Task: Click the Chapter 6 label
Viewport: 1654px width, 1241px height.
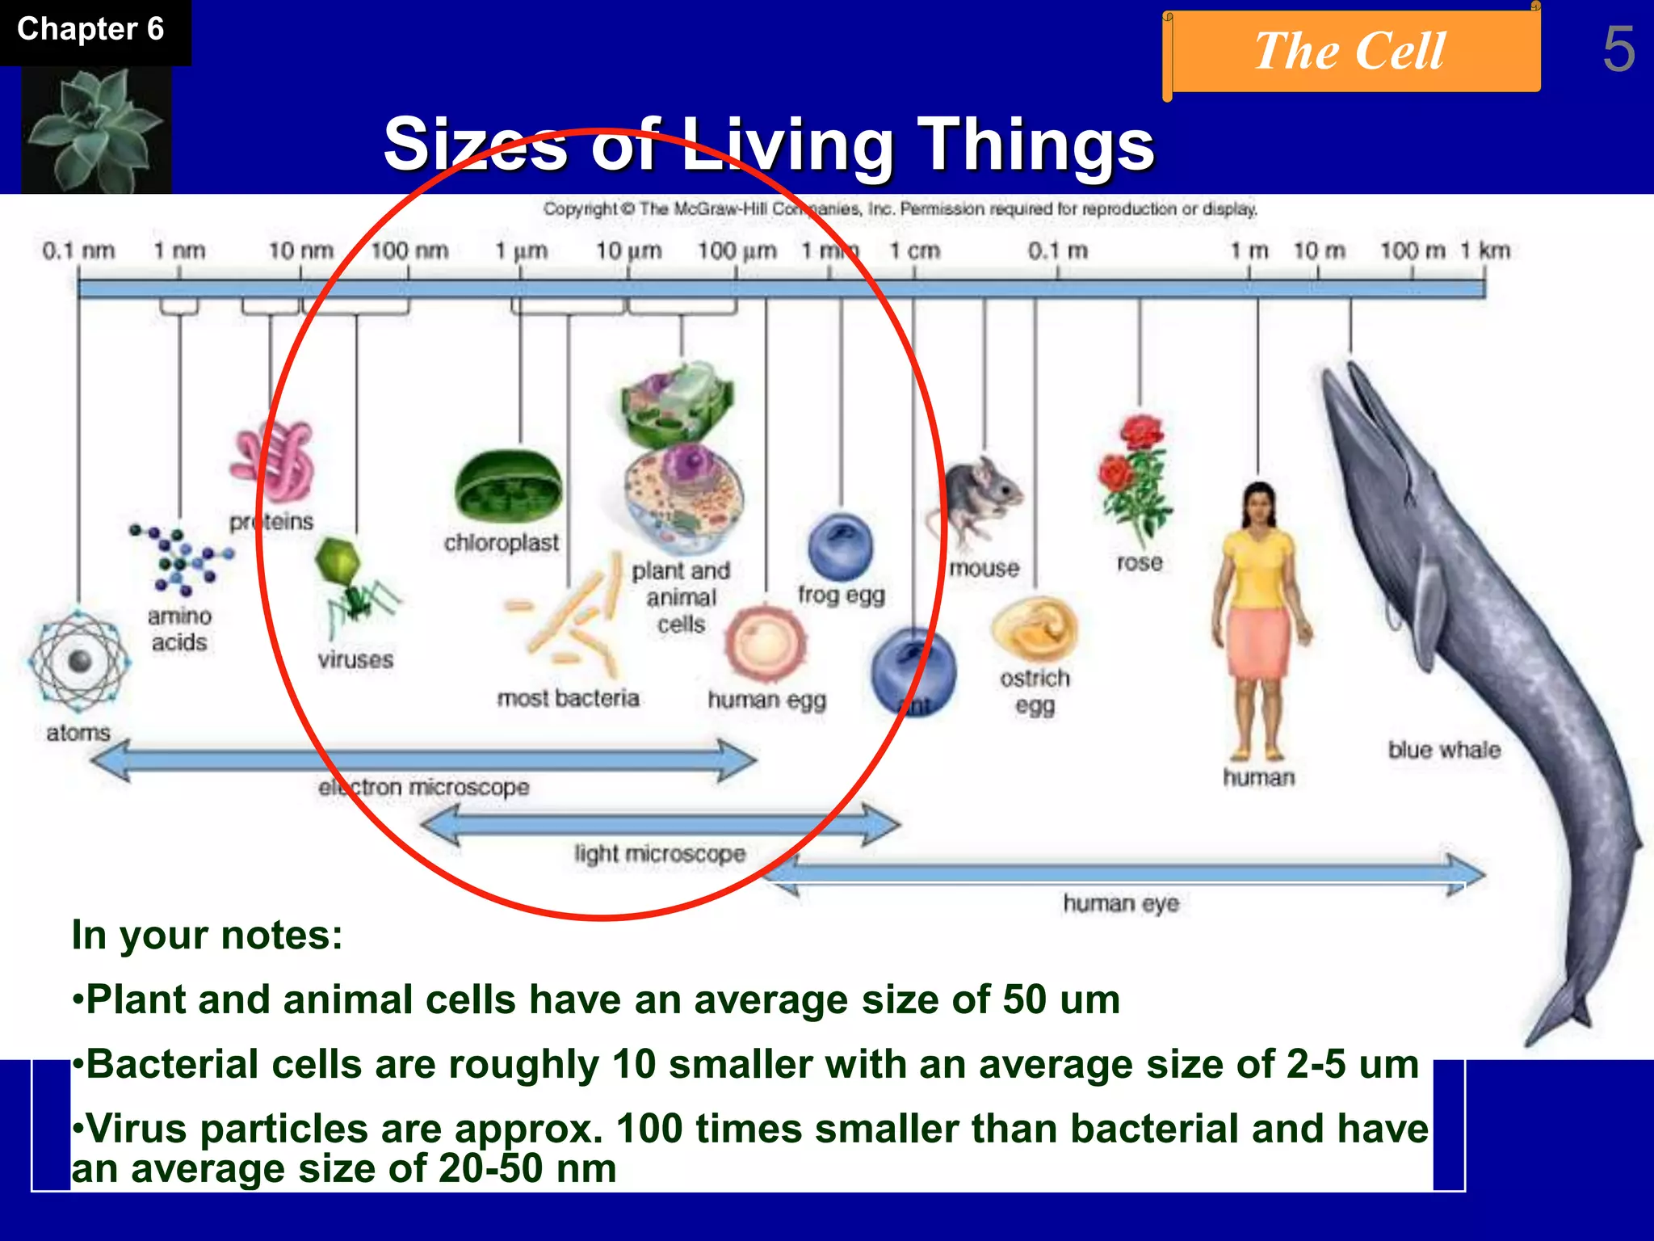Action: tap(90, 30)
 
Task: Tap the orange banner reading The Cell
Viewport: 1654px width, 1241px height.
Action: tap(1350, 51)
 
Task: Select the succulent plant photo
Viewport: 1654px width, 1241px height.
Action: tap(95, 129)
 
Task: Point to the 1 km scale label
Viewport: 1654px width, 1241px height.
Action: tap(1484, 250)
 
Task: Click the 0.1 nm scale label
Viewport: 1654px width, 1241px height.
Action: tap(78, 250)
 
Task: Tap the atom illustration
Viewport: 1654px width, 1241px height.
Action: tap(78, 662)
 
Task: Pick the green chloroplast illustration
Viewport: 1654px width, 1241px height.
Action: tap(508, 487)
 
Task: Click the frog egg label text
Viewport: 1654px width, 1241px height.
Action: tap(842, 595)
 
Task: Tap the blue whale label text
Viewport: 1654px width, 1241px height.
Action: tap(1444, 750)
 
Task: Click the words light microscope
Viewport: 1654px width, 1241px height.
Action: tap(660, 853)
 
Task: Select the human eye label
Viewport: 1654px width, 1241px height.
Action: tap(1120, 902)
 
